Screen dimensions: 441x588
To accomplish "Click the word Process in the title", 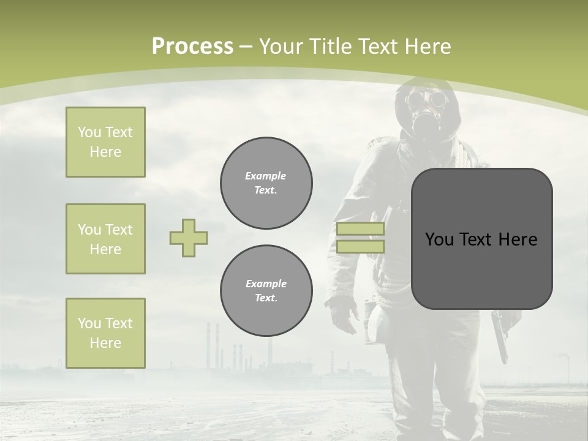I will [x=192, y=46].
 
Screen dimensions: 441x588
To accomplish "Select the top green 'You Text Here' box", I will [x=105, y=142].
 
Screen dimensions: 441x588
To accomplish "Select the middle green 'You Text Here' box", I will [x=105, y=239].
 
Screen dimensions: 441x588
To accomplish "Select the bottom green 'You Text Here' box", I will [x=105, y=333].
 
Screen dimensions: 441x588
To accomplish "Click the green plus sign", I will [x=189, y=238].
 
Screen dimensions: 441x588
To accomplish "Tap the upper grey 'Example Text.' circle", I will [x=266, y=183].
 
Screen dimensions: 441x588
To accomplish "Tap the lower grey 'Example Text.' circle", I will [x=266, y=291].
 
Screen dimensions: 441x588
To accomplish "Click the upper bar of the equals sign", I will [x=360, y=229].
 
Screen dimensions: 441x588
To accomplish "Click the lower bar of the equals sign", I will [x=360, y=247].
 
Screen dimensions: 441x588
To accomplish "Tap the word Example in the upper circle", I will [x=266, y=176].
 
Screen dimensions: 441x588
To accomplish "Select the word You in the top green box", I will [x=89, y=132].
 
